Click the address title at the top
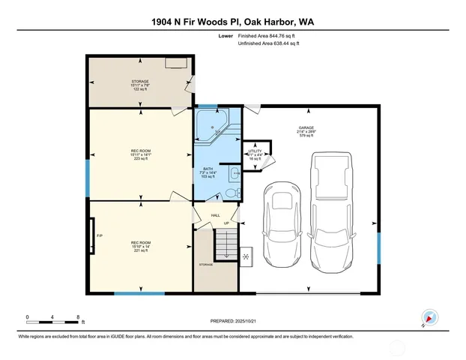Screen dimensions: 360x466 (x=233, y=22)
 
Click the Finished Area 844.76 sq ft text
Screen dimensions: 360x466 (x=268, y=35)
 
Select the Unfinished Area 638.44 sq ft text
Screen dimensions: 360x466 (x=268, y=43)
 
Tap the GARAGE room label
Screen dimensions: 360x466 (x=306, y=129)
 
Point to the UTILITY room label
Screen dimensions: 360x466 (x=255, y=152)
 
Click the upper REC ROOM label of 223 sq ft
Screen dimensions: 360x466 (x=140, y=153)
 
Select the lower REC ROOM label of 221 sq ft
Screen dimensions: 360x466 (x=140, y=244)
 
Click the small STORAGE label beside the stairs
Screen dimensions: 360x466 (x=205, y=265)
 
